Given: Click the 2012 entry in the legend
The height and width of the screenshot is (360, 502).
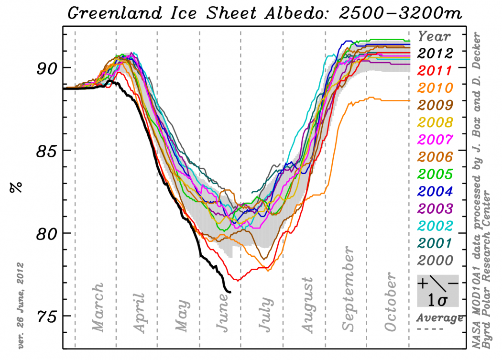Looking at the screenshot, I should (x=436, y=53).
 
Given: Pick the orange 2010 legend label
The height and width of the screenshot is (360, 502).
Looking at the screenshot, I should (x=436, y=87).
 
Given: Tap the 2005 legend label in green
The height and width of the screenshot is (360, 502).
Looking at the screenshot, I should (x=436, y=174).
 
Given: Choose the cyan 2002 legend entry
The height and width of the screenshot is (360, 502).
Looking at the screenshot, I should (x=436, y=226).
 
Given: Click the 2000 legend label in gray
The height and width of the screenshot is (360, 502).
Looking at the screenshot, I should (x=436, y=260).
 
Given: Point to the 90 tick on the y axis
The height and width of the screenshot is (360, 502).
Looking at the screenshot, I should (x=47, y=67).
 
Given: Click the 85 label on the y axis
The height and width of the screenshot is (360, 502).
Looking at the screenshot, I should (x=47, y=150).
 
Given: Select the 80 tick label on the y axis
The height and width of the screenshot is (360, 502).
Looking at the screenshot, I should (x=47, y=233).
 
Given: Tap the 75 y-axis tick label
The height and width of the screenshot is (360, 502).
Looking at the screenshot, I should (x=47, y=316).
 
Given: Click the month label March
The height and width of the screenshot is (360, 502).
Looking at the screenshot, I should (x=98, y=307).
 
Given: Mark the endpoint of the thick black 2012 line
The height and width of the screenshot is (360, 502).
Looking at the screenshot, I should (x=230, y=292).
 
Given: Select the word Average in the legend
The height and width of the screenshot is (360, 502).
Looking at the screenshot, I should (x=439, y=318).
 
